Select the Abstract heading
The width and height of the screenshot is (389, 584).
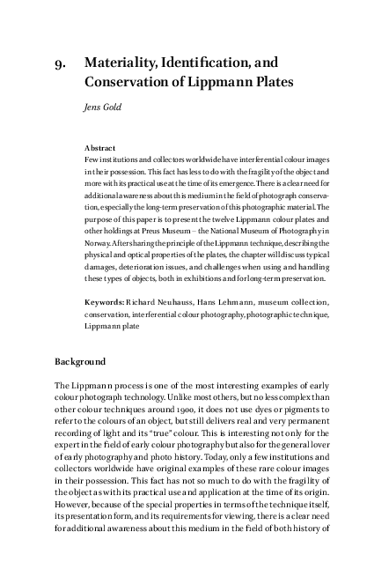(100, 147)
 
